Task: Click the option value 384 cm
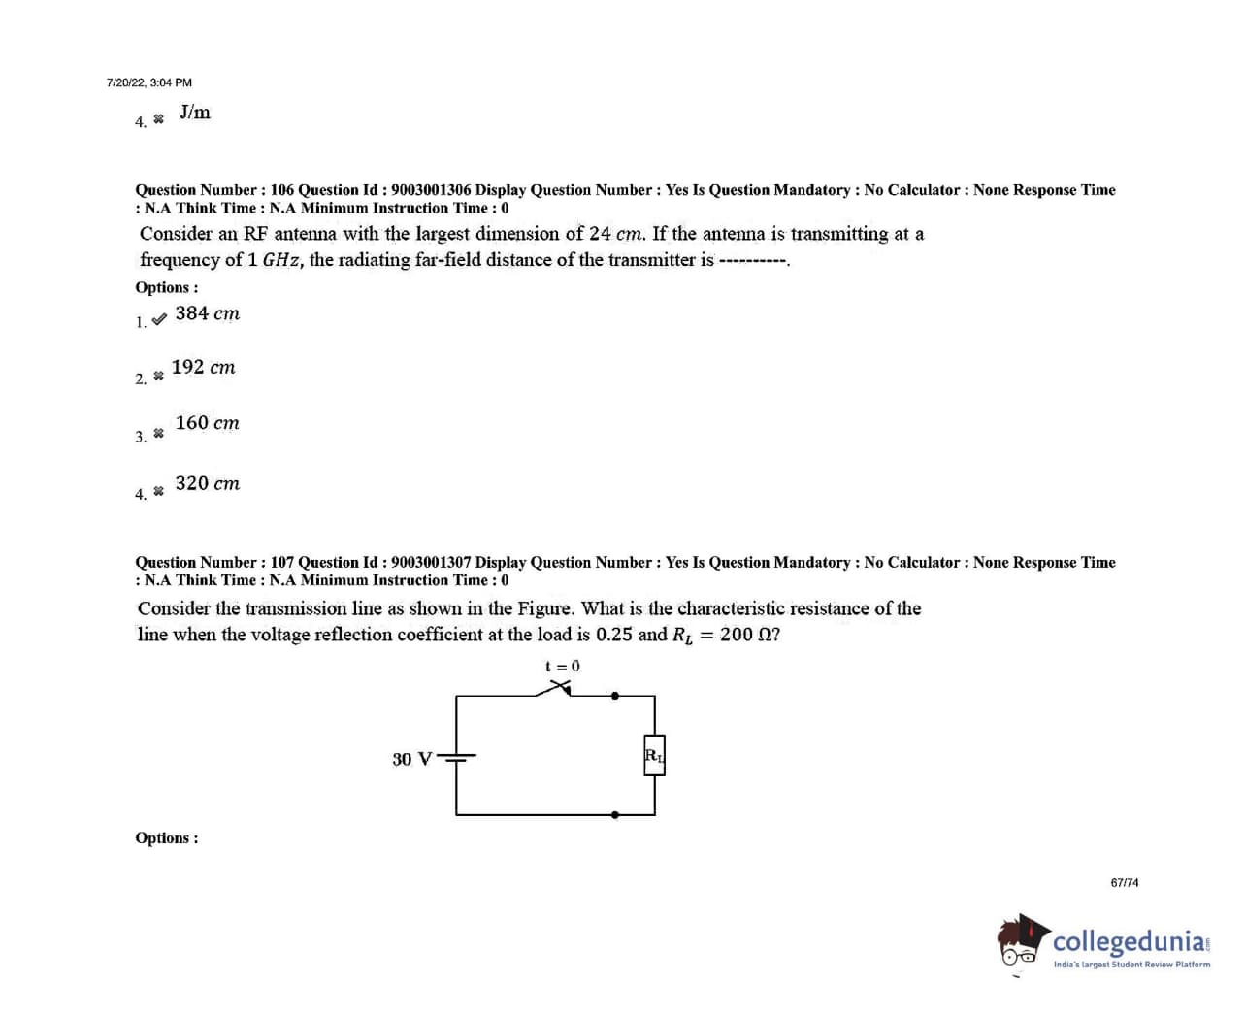pos(207,313)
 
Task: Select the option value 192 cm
pos(203,368)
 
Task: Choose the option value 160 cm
pos(207,423)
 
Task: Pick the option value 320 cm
pos(207,483)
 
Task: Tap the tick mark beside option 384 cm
pos(159,317)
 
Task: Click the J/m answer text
pos(195,113)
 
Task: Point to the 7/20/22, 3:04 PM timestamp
pos(149,82)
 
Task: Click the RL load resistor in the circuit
pos(654,755)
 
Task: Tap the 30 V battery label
pos(411,759)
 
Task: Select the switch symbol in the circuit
pos(557,688)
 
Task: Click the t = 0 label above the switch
pos(563,666)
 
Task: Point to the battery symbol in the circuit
pos(456,758)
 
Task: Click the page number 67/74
pos(1125,883)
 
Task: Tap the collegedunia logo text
pos(1130,941)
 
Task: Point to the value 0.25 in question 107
pos(613,635)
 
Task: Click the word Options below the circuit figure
pos(166,838)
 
